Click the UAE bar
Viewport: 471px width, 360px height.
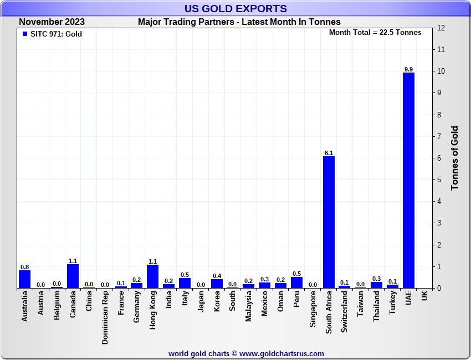pyautogui.click(x=408, y=180)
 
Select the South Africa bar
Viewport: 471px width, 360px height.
pyautogui.click(x=329, y=222)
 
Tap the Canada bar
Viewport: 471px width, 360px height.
pyautogui.click(x=73, y=276)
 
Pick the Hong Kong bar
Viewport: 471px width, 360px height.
pyautogui.click(x=153, y=276)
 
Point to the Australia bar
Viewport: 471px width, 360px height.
pyautogui.click(x=24, y=279)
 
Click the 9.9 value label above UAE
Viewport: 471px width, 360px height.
pyautogui.click(x=408, y=69)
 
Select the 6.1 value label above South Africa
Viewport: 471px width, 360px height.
pyautogui.click(x=329, y=152)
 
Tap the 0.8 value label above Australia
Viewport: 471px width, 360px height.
pyautogui.click(x=24, y=266)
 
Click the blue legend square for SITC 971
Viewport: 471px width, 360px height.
pyautogui.click(x=24, y=34)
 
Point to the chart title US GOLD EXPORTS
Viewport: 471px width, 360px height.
pyautogui.click(x=235, y=8)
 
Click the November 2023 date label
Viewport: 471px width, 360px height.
pyautogui.click(x=52, y=22)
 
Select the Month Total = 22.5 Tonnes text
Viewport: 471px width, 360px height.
pyautogui.click(x=375, y=32)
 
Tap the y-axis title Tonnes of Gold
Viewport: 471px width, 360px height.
pyautogui.click(x=454, y=158)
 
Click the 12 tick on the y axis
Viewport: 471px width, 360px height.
pyautogui.click(x=441, y=28)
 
